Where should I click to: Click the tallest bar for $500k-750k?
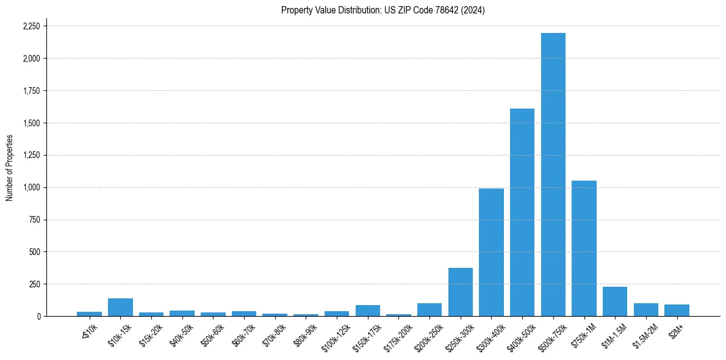[553, 175]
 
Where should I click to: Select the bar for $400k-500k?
[522, 212]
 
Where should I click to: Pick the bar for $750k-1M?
[584, 248]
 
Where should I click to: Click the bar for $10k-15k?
[120, 308]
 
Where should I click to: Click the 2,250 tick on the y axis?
[31, 26]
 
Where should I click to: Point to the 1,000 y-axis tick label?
[31, 187]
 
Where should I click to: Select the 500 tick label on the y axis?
[35, 252]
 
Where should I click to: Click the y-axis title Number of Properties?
[10, 168]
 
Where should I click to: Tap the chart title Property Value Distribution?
[383, 10]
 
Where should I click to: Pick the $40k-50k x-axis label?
[181, 332]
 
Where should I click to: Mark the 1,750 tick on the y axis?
[31, 91]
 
